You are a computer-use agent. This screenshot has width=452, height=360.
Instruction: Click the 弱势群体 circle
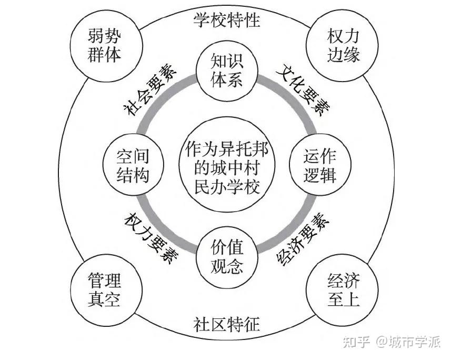click(x=104, y=46)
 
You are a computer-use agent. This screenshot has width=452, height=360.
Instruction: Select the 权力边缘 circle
click(x=343, y=46)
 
